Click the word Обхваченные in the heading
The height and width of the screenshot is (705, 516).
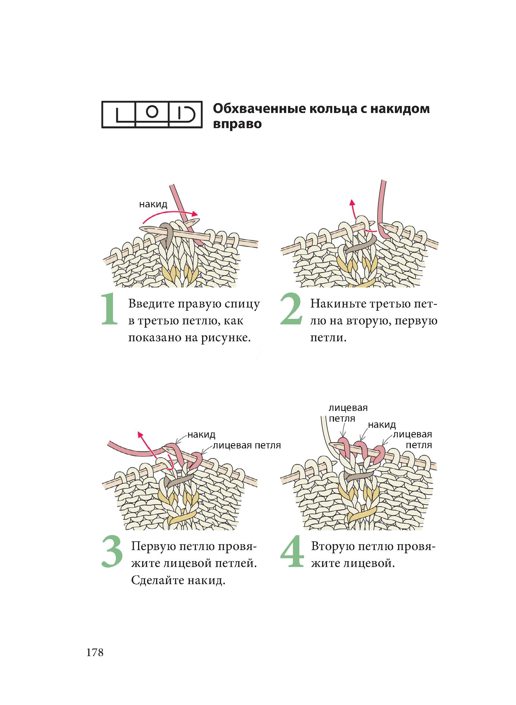pyautogui.click(x=262, y=109)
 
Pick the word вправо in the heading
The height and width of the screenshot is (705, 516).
pyautogui.click(x=237, y=124)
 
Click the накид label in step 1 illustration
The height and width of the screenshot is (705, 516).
pyautogui.click(x=153, y=205)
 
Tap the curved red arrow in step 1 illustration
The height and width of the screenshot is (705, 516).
pyautogui.click(x=170, y=215)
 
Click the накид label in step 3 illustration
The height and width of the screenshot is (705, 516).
pyautogui.click(x=201, y=434)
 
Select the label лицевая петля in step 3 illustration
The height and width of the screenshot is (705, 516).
pyautogui.click(x=247, y=445)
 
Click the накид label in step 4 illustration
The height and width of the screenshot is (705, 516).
pyautogui.click(x=382, y=425)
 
